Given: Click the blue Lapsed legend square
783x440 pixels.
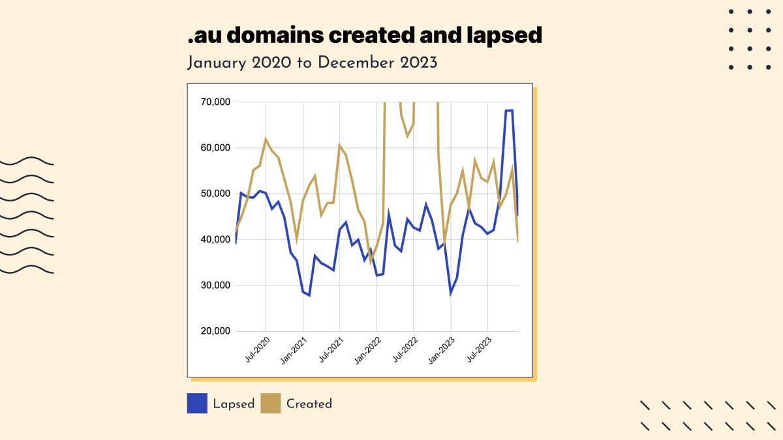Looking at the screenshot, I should click(197, 403).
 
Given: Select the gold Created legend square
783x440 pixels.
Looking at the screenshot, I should click(271, 403).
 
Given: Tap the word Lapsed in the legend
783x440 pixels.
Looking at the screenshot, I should click(234, 404).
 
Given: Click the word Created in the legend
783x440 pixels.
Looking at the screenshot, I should click(309, 404).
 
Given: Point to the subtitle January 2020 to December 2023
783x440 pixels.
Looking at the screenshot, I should click(312, 63).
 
